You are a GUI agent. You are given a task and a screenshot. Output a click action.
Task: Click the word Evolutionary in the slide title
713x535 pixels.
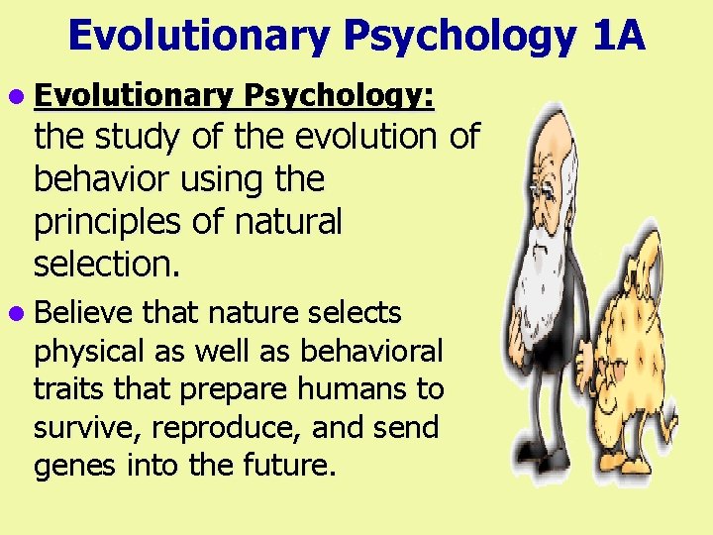pos(197,38)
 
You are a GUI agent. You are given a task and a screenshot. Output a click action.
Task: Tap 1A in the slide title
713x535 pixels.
pos(620,38)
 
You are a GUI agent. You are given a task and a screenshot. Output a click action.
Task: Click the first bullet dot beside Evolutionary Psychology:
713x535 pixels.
pos(21,96)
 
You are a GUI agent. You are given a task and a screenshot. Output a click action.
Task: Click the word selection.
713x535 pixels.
pos(103,264)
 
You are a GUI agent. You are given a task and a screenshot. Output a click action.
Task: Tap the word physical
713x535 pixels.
pos(87,352)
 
